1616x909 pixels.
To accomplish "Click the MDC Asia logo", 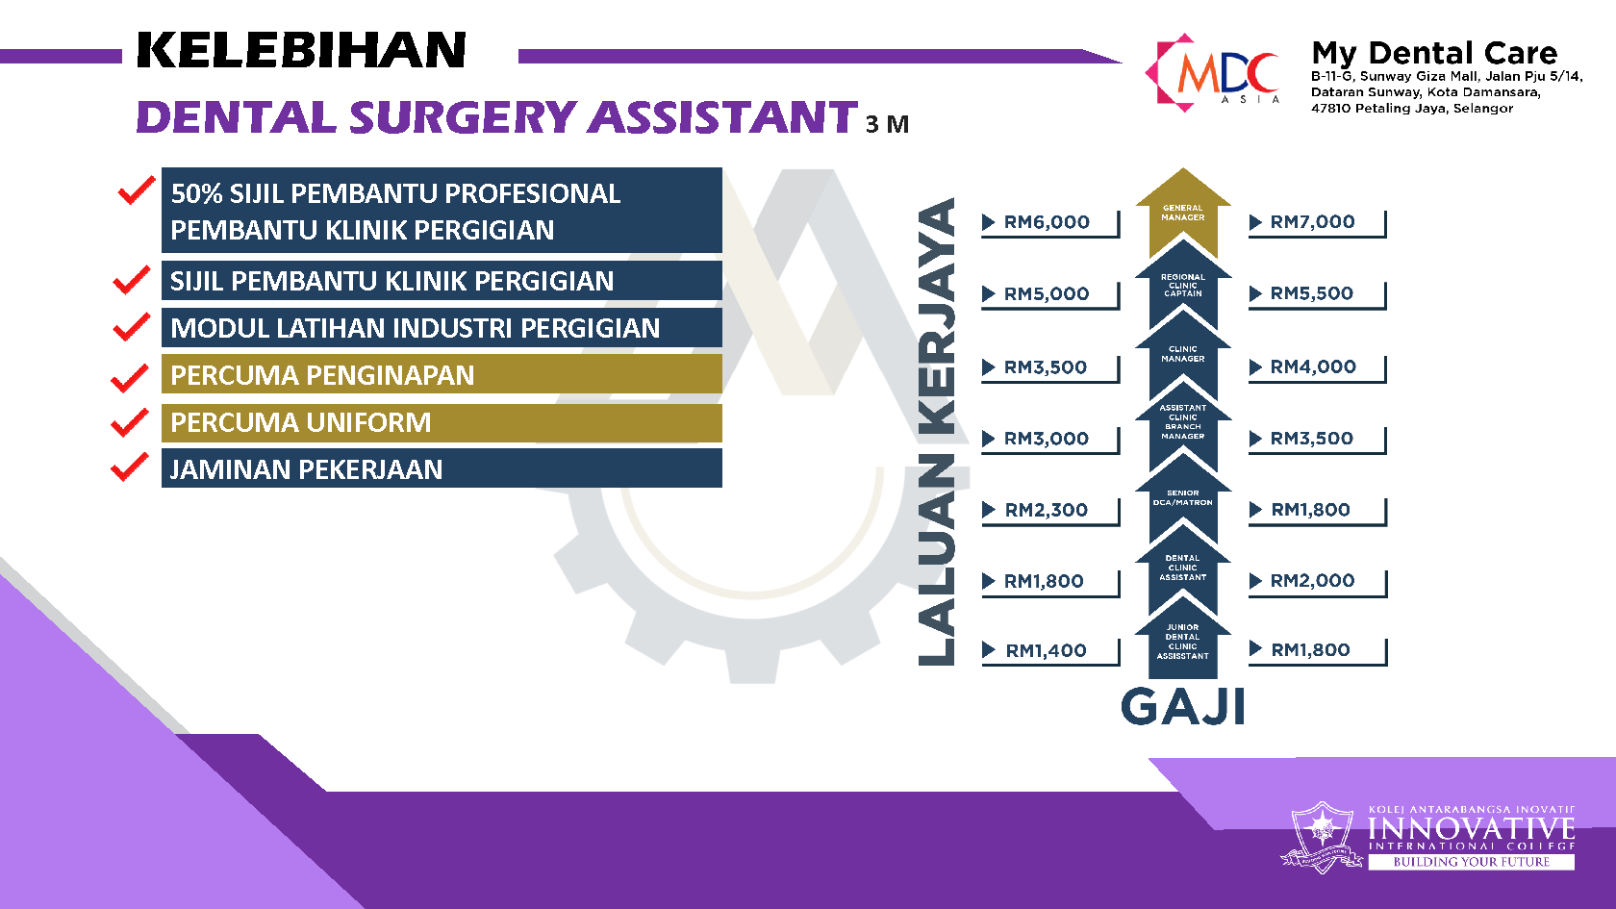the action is (1213, 73).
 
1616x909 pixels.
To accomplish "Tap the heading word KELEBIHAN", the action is (302, 50).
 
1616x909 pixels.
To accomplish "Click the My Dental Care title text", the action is (1434, 53).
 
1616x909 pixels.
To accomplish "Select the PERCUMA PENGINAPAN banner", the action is (442, 373).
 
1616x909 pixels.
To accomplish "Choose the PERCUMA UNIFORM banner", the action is (442, 423).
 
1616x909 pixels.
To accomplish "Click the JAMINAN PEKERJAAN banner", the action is (442, 468).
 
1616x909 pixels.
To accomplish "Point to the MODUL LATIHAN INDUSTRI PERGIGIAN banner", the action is (442, 327).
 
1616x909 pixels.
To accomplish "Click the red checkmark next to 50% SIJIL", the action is (136, 189).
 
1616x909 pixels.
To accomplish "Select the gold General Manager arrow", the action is (1183, 213).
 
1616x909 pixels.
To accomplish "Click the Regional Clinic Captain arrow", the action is (1183, 285).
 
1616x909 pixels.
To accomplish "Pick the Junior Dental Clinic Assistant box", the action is (1183, 643).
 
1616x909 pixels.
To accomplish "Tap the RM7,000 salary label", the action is (1312, 221).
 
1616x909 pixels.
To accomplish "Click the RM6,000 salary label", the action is (1047, 222).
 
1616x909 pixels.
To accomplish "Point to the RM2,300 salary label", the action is (1047, 510).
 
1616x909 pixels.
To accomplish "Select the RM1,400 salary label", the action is (1047, 650).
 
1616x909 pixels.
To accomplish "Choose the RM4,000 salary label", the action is (1313, 366).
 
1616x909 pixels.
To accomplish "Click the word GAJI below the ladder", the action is (1183, 706).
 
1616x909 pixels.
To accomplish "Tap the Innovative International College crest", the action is (1322, 837).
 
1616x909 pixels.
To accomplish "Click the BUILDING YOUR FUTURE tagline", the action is (1472, 862).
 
